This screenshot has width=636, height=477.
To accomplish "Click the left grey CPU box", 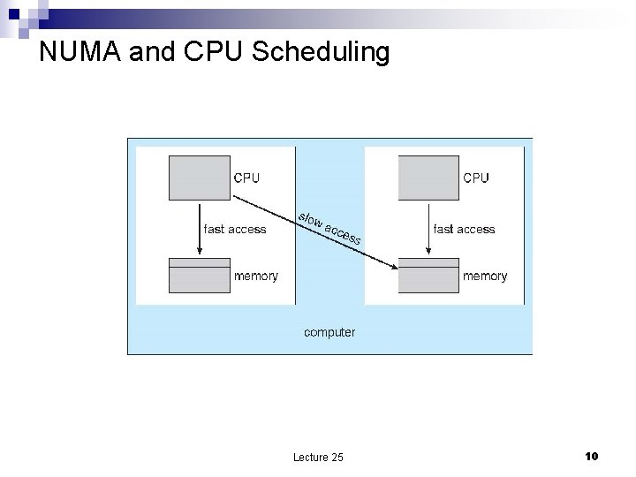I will [x=199, y=178].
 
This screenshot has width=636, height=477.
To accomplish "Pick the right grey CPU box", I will [x=428, y=178].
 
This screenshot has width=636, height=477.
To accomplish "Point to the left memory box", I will [x=199, y=276].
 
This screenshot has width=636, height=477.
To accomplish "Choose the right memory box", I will [x=428, y=276].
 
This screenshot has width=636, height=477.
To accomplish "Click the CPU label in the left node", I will [x=246, y=178].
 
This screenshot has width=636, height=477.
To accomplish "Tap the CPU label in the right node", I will [x=476, y=178].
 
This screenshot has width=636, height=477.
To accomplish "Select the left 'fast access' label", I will [x=235, y=230].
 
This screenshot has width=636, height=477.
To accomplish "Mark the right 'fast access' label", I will [x=465, y=230].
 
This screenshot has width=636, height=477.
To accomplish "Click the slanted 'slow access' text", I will [x=329, y=228].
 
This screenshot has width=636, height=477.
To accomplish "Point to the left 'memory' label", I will [x=256, y=276].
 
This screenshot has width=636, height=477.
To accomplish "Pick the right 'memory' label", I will [x=486, y=276].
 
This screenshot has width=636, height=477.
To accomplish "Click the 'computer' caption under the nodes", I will [x=329, y=332].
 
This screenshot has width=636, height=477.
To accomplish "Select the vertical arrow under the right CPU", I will [x=428, y=228].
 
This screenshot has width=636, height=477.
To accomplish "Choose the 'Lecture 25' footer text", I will [x=319, y=457].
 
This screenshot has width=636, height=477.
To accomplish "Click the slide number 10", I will [x=592, y=456].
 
